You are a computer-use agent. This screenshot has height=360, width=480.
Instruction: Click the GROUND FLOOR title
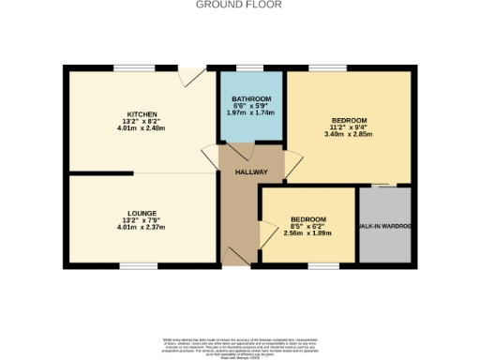239,5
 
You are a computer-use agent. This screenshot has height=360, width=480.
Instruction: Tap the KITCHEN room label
142,114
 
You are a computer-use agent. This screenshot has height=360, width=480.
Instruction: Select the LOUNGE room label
142,213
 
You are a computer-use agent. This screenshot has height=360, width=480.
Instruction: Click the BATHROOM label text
251,99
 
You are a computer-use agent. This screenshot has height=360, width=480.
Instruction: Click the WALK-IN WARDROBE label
384,227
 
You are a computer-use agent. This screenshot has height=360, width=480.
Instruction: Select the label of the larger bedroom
348,121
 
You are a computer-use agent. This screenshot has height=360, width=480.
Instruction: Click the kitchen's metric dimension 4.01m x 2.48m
142,129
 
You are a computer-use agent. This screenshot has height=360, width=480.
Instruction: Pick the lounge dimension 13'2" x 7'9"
142,220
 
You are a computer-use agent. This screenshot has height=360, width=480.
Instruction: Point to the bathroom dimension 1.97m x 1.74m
251,114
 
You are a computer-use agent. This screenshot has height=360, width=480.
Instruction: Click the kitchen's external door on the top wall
194,73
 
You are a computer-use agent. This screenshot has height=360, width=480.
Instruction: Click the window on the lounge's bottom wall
132,266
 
